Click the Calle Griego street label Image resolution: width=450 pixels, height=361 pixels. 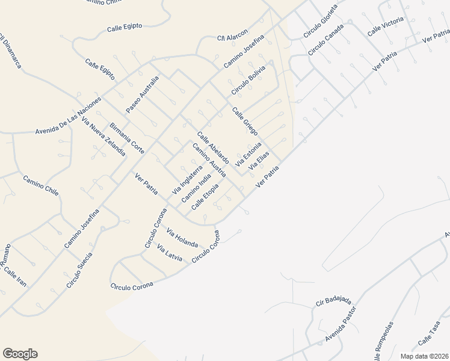click(245, 120)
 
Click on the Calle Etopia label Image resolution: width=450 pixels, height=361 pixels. click(205, 197)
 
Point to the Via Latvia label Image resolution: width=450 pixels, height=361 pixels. click(169, 253)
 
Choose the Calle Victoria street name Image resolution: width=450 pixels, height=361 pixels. click(385, 25)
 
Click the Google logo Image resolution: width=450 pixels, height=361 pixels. click(20, 354)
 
